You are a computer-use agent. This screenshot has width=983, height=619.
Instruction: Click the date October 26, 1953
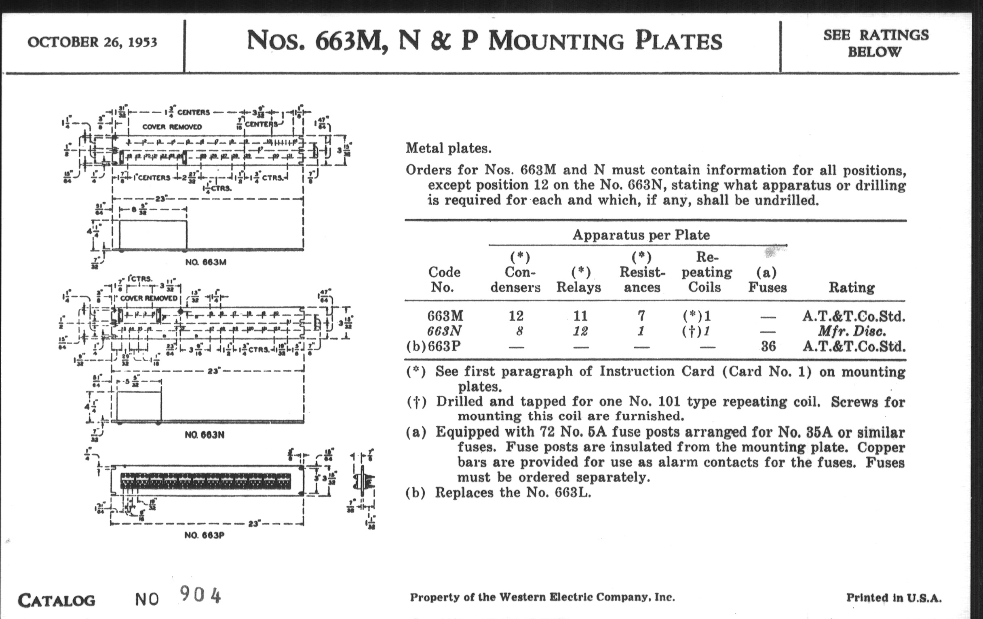pos(92,42)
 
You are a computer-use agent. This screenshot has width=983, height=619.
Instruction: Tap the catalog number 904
pos(200,595)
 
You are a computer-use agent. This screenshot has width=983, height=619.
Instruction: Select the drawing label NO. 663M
pos(206,262)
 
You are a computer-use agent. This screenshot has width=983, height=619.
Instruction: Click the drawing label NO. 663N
pos(205,435)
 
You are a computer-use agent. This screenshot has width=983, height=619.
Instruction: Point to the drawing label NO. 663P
pos(205,535)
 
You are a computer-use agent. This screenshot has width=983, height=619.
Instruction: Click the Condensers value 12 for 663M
pos(516,316)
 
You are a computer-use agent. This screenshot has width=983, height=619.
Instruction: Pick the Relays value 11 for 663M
pos(580,316)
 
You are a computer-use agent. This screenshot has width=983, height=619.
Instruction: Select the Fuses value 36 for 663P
pos(768,346)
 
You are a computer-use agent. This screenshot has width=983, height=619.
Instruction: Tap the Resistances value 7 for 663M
pos(641,316)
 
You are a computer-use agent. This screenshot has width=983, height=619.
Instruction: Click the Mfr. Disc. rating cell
pos(852,331)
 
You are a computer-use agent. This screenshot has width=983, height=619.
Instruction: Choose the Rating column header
pos(852,288)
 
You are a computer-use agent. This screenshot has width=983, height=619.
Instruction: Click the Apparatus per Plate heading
pos(641,235)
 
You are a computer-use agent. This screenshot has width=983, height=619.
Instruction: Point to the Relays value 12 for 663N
pos(580,331)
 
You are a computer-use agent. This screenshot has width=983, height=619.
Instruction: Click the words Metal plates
pos(448,148)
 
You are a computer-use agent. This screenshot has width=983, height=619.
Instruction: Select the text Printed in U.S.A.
pos(894,598)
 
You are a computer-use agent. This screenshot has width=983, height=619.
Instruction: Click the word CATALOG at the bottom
pos(56,600)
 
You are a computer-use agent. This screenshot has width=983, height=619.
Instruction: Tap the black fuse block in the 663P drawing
pos(206,481)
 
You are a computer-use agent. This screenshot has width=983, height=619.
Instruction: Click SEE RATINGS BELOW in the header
pos(875,43)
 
